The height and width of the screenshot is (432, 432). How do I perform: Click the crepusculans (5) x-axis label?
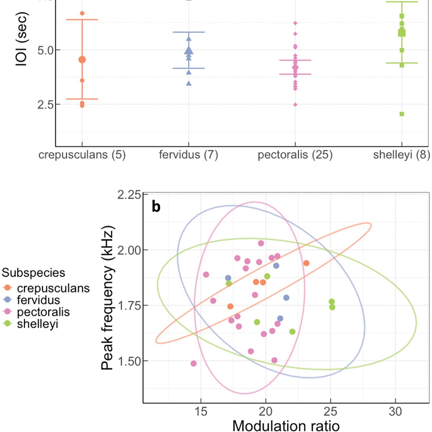82,155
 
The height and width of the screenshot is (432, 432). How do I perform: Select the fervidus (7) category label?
188,155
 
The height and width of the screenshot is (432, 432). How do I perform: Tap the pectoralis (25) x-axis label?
295,155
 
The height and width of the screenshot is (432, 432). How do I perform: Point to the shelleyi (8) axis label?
401,155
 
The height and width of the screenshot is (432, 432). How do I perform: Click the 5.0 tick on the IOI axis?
45,50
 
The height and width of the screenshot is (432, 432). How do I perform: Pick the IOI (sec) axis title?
22,40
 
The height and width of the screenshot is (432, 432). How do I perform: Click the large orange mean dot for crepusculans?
82,60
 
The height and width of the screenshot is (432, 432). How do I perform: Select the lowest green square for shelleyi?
402,114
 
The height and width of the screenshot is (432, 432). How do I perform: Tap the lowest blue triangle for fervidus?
189,84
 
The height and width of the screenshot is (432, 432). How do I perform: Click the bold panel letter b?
156,207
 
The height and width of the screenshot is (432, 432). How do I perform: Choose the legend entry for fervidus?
38,300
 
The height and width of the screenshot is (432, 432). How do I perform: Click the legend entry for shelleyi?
37,324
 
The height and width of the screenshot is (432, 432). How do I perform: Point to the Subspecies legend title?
33,273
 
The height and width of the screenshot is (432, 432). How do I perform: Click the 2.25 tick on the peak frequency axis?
128,195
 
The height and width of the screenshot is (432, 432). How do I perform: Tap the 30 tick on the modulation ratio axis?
395,411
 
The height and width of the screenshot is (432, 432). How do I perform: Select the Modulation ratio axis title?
286,426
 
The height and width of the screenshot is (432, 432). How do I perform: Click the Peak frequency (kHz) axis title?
107,298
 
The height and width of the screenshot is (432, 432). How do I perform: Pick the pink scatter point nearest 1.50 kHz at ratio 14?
193,364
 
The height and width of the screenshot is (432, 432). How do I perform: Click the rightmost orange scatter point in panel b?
306,263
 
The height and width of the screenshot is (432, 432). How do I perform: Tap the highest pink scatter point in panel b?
261,243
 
